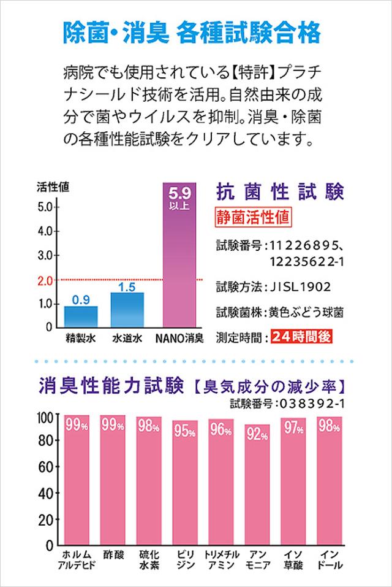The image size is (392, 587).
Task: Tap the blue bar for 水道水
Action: click(127, 309)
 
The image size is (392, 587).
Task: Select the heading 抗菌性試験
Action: click(281, 192)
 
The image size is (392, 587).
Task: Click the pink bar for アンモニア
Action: click(257, 485)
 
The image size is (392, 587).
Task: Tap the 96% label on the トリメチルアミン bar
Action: click(221, 431)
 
